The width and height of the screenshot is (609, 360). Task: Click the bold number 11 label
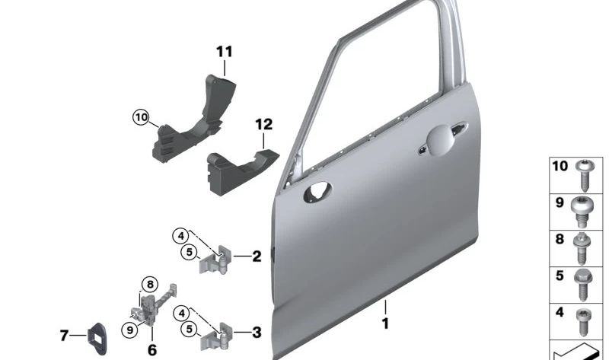(225, 52)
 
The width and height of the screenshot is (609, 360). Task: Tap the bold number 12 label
(263, 125)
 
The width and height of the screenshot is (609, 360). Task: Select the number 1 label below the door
(385, 323)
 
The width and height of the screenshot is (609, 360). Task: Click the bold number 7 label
(64, 335)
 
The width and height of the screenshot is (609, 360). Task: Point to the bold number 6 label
(152, 350)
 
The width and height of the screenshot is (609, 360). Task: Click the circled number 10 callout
(141, 117)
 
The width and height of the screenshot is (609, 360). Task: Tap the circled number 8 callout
(150, 285)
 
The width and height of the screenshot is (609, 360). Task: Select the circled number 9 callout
(129, 330)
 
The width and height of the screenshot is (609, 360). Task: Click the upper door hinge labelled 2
(215, 260)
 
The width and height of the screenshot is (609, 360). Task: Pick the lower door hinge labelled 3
(216, 336)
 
